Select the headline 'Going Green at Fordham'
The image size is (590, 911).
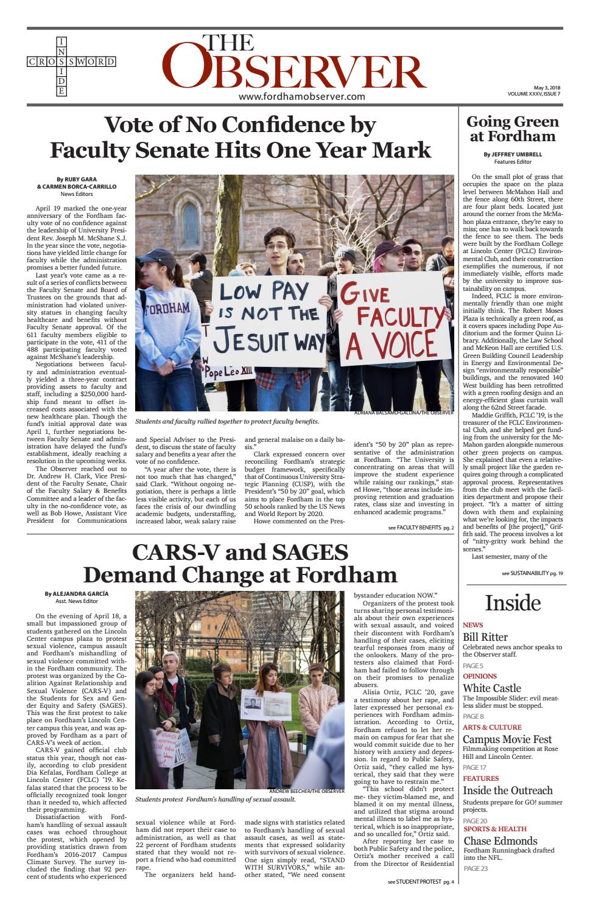coord(512,128)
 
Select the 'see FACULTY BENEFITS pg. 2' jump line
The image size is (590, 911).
coord(421,527)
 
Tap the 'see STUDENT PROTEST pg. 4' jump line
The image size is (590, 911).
coord(421,898)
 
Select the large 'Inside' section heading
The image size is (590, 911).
coord(512,602)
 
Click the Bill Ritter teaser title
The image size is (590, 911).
coord(485,637)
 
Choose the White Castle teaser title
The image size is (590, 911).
coord(492,688)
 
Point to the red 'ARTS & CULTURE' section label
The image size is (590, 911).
coord(492,727)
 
